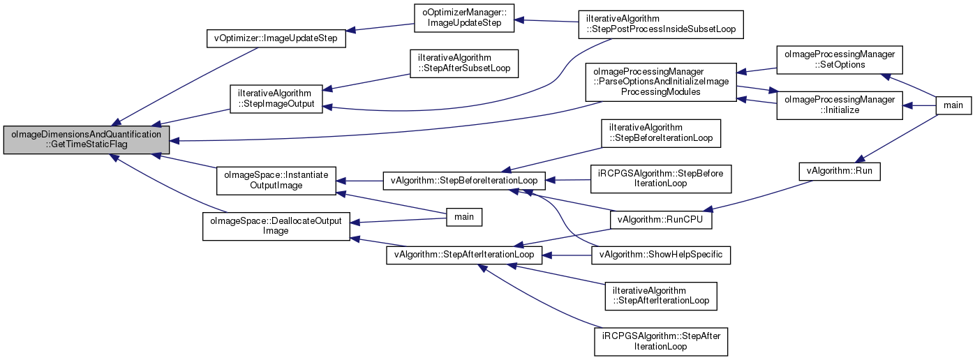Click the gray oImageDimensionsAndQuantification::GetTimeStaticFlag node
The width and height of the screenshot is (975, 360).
(86, 140)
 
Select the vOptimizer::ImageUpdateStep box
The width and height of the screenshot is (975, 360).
(276, 38)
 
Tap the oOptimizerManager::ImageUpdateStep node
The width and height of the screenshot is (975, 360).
(464, 18)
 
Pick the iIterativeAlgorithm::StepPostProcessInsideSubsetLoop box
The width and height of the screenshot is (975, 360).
(661, 24)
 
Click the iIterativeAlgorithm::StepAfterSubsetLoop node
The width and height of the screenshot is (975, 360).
(464, 63)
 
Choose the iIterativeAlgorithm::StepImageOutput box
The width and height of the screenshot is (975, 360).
(276, 99)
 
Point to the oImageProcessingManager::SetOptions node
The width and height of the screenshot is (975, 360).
(840, 59)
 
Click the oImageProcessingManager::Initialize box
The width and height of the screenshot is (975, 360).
(840, 105)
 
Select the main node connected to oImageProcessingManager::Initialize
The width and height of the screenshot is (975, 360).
(953, 105)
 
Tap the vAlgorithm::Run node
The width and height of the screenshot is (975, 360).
(840, 171)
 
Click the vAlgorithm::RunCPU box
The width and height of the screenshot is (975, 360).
(661, 219)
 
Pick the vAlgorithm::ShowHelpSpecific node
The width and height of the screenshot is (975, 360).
(661, 255)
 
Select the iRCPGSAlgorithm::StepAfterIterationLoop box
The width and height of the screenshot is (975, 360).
(661, 342)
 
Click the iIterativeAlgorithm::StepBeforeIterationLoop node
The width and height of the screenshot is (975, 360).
(661, 133)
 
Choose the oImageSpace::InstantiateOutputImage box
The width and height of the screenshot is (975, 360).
(276, 181)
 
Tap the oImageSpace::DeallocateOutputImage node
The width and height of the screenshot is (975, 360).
(276, 226)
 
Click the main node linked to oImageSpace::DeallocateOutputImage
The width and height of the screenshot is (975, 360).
(464, 217)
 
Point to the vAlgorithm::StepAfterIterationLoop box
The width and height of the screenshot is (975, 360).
(464, 255)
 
